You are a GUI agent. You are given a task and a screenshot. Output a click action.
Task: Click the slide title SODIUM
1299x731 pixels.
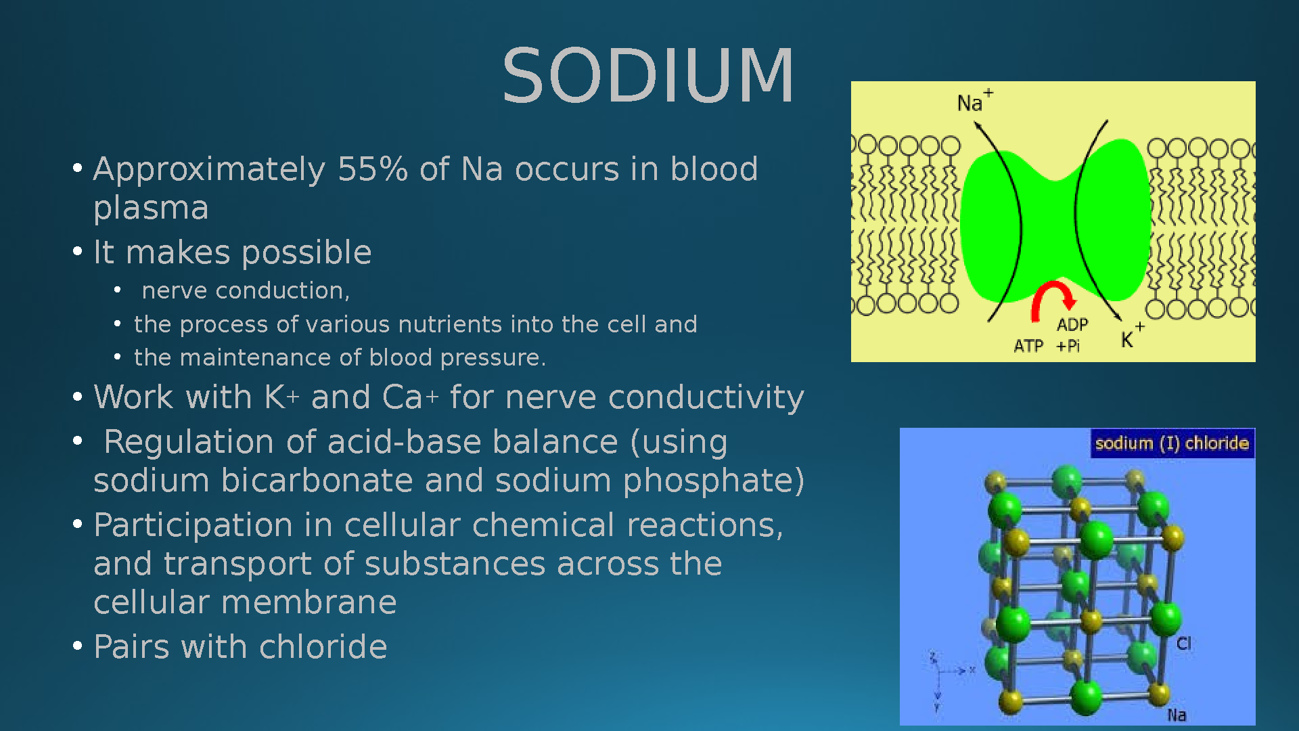(648, 75)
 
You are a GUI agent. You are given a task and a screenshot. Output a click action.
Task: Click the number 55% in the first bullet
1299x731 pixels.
(373, 169)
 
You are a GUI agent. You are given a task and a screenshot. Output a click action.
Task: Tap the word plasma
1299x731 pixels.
(151, 208)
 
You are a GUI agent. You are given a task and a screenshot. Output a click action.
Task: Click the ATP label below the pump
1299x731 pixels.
(1028, 347)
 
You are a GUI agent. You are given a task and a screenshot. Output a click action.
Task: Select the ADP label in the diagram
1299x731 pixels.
(1072, 325)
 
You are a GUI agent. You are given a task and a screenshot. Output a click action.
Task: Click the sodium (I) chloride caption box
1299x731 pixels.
(1172, 443)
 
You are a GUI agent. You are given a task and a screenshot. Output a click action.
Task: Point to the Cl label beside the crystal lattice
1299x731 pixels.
(1183, 644)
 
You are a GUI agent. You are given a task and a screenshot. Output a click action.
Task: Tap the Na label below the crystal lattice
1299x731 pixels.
(1177, 715)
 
